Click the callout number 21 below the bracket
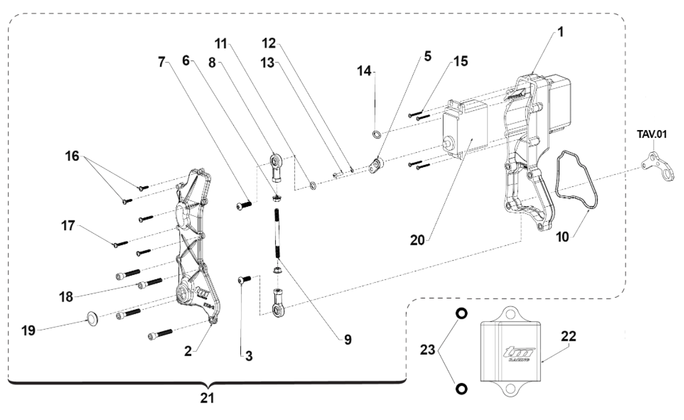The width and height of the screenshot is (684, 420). [x=206, y=398]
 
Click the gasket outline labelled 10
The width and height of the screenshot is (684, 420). [x=578, y=180]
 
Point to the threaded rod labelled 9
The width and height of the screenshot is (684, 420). [x=278, y=234]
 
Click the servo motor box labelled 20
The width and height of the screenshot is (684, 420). [x=465, y=135]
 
